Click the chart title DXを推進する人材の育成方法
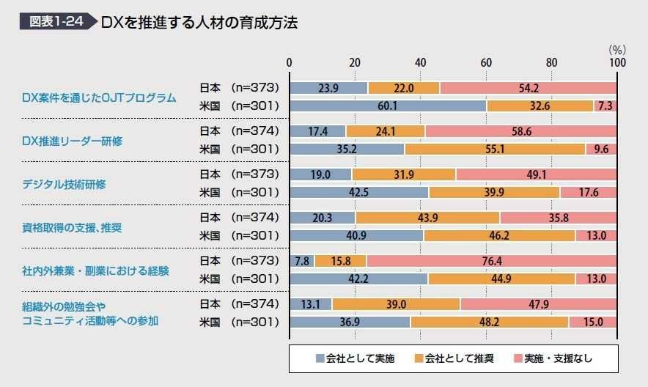tap(199, 22)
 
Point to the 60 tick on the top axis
tap(486, 63)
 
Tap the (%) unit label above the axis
tap(616, 50)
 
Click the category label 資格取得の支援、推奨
tap(72, 227)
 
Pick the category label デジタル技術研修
tap(64, 184)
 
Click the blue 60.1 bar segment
tap(388, 106)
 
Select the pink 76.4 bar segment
tap(492, 261)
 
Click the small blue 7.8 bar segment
tap(302, 261)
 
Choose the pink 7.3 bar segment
tap(605, 106)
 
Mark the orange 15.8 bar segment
tap(341, 261)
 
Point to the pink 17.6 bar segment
tap(589, 192)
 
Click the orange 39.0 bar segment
tap(397, 304)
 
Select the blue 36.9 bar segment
tap(350, 322)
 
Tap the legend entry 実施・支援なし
tap(554, 358)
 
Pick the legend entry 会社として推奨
tap(454, 358)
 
